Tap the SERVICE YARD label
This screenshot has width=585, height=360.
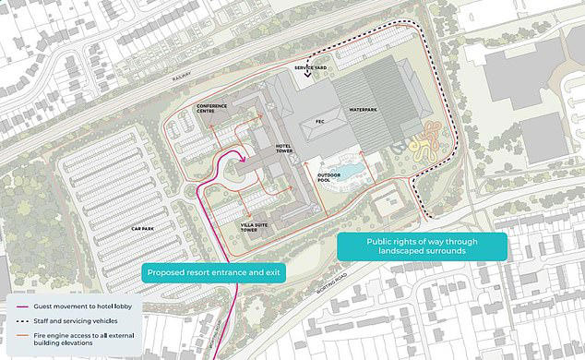coord(308,69)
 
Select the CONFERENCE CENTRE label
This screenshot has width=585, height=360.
coord(213,110)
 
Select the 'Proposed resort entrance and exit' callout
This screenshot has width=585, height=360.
coord(212,273)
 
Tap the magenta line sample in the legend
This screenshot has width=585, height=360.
coord(27,306)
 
